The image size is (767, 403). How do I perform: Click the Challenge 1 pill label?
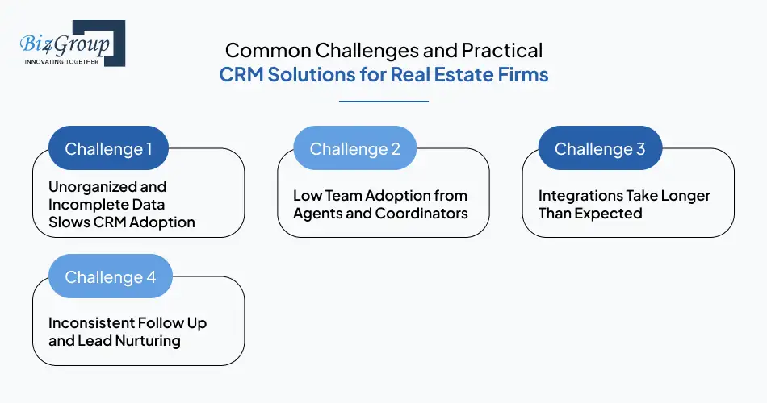[x=108, y=149]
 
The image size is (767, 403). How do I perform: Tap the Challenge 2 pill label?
[x=354, y=149]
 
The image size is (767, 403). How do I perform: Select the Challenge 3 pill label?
[x=599, y=149]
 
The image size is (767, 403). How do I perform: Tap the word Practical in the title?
[x=502, y=50]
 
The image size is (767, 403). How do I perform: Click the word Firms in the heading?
[x=525, y=76]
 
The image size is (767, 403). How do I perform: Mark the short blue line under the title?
[x=383, y=102]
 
